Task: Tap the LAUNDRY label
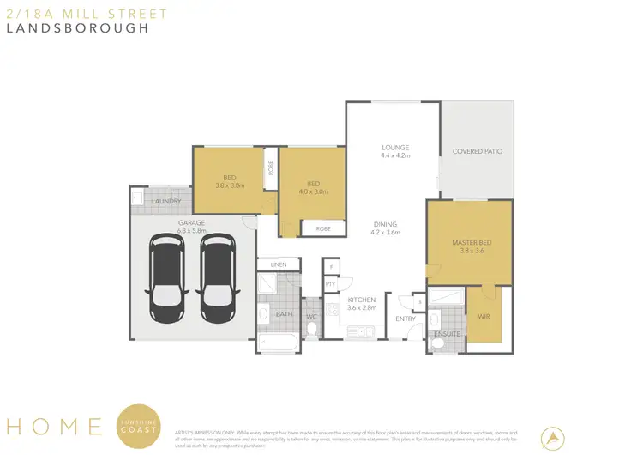pyautogui.click(x=165, y=202)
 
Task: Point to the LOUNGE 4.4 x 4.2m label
pyautogui.click(x=395, y=151)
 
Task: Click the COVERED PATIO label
pyautogui.click(x=478, y=151)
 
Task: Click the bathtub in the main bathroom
pyautogui.click(x=277, y=344)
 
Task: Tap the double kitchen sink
pyautogui.click(x=366, y=331)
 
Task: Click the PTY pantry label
pyautogui.click(x=329, y=284)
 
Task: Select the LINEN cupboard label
pyautogui.click(x=278, y=264)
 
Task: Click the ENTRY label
pyautogui.click(x=405, y=318)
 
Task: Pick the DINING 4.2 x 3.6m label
pyautogui.click(x=385, y=228)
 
